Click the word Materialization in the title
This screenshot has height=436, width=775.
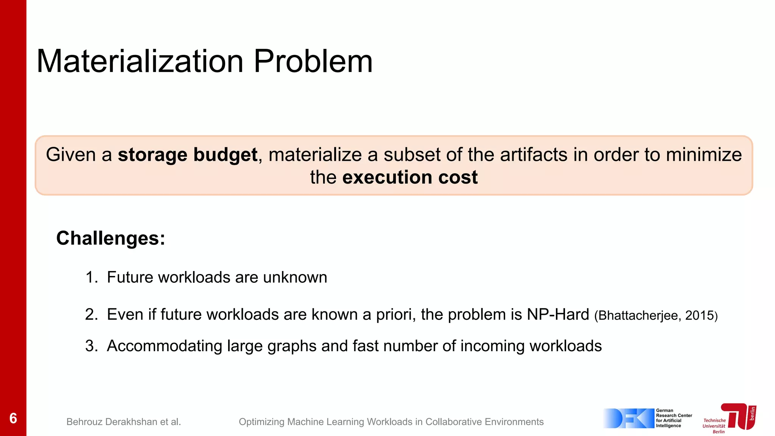[140, 61]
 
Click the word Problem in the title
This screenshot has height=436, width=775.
[313, 61]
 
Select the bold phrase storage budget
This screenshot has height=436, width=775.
[188, 155]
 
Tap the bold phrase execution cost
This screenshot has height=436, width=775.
[410, 177]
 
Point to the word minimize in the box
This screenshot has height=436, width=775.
[704, 155]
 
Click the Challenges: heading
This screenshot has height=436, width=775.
[110, 238]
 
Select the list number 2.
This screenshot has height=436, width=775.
[91, 315]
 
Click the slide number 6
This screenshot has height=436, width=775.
[13, 418]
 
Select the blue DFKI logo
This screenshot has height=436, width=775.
[628, 418]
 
